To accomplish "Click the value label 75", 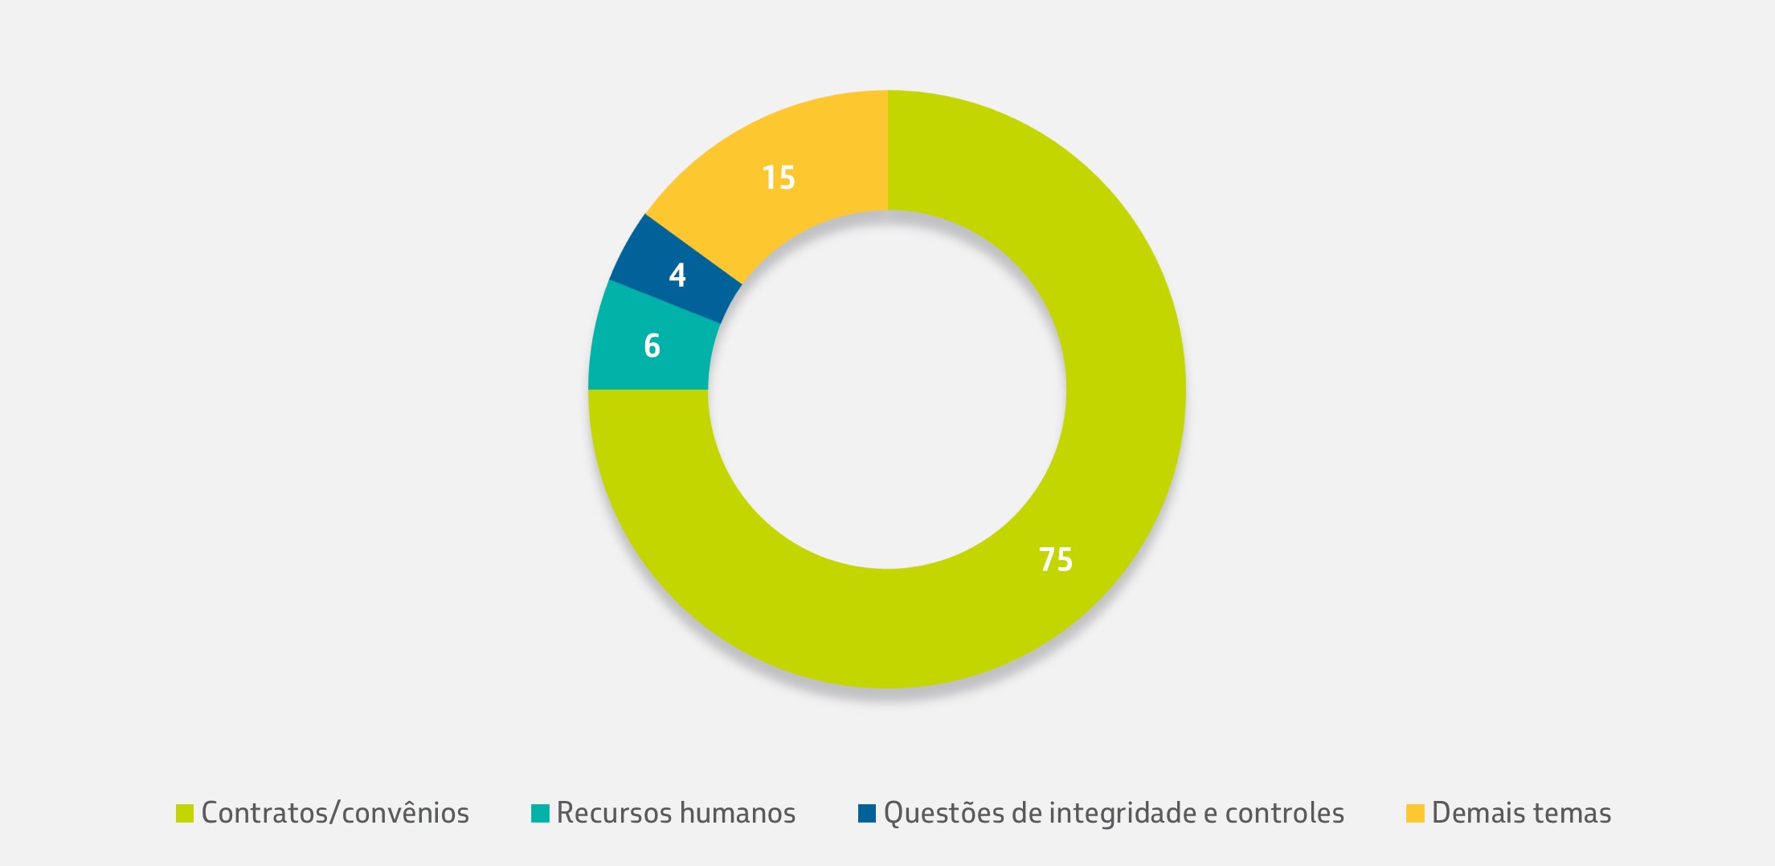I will coord(1055,559).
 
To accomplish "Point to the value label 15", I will coord(778,178).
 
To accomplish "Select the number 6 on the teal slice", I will coord(652,345).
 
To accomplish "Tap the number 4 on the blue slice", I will coord(677,276).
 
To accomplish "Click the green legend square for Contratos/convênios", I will coord(185,813).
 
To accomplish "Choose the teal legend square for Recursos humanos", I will coord(540,813).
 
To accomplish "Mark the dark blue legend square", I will coord(867,813).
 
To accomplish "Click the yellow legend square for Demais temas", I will coord(1415,813).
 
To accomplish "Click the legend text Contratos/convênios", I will coord(335,813).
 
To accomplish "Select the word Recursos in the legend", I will coord(608,813).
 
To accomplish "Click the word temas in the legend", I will coord(1574,813).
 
